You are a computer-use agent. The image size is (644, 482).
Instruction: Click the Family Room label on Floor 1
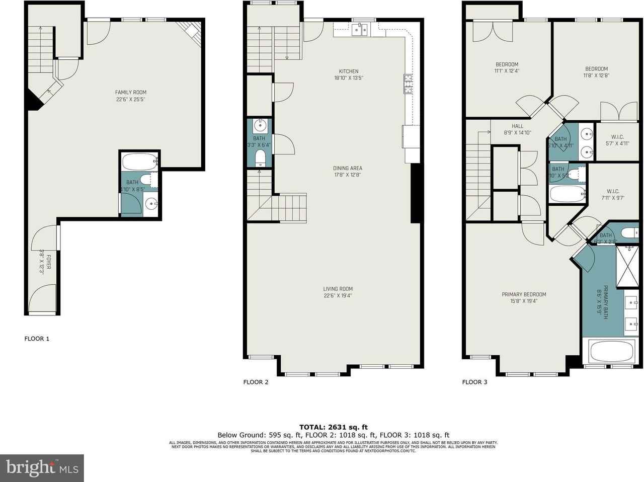coord(131,92)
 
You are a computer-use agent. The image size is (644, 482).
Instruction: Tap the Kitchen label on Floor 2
coord(349,71)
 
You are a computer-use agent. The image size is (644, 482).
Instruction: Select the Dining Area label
coord(347,169)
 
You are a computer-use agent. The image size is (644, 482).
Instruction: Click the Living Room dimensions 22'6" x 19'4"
coord(338,296)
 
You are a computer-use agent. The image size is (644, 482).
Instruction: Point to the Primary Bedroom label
coord(524,295)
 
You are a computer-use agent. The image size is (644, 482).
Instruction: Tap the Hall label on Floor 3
coord(517,126)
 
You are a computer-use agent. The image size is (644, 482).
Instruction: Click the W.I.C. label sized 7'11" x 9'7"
coord(612,191)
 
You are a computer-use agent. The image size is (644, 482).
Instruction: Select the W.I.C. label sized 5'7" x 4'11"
coord(617,137)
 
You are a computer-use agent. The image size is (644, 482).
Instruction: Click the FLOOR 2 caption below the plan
coord(256,382)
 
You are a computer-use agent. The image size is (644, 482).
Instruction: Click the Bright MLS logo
coord(42,468)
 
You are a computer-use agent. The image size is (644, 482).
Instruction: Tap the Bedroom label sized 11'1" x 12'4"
coord(507,64)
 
